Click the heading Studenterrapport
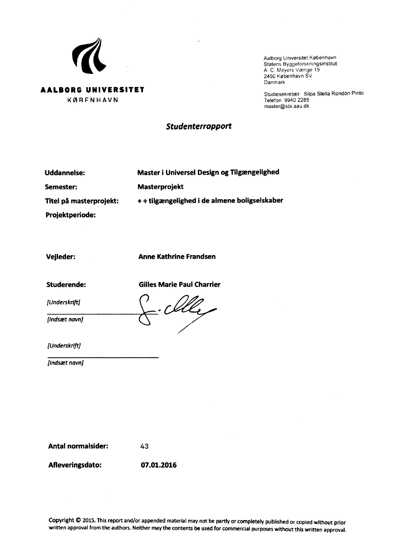(199, 126)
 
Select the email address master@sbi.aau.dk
(286, 106)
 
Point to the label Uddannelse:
(65, 173)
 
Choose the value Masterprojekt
(161, 187)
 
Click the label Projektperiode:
(71, 215)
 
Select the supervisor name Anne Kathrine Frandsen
(177, 257)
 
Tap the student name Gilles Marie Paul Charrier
(179, 285)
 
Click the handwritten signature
(174, 311)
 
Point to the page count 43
(144, 446)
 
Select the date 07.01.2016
(159, 465)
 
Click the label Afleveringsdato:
(75, 465)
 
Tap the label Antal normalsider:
(78, 446)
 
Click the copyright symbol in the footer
(78, 520)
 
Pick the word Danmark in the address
(274, 82)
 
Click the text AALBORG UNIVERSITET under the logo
(92, 90)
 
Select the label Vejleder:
(61, 257)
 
